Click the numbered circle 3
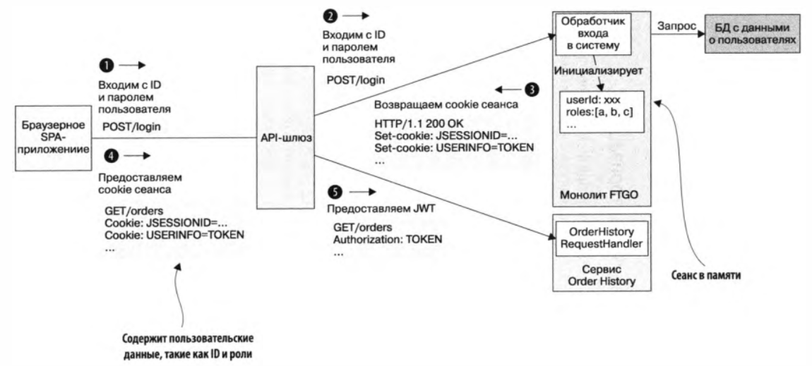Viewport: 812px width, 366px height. [531, 90]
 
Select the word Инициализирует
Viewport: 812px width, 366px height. [590, 72]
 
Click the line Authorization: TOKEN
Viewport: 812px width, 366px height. [388, 239]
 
